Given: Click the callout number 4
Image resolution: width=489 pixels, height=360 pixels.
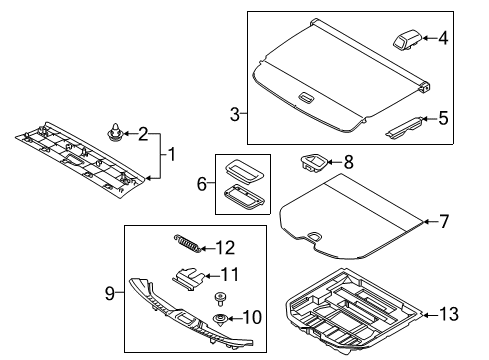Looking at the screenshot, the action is point(443,38).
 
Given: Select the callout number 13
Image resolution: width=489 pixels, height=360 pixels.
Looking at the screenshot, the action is point(449,314).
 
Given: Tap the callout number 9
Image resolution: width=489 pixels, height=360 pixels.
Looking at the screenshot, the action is point(110,293).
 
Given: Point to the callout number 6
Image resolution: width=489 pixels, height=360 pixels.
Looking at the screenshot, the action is point(202,184).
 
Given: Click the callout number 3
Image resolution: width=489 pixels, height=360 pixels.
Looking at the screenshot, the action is point(235,114).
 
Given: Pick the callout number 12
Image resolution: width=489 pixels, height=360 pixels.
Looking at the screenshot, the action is point(226,248).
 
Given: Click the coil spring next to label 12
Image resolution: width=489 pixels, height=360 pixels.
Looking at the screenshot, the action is point(187,243).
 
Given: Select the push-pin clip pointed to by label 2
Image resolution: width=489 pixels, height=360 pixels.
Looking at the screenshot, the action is point(114,133).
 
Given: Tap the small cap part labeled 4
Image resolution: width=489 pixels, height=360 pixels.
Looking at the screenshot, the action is point(407,39).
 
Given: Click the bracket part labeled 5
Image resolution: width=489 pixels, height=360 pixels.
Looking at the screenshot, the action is point(404,127).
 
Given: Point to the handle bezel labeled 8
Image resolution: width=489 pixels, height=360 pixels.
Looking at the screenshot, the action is point(314,163).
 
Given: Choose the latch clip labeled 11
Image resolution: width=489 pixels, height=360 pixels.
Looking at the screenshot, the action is point(188,278).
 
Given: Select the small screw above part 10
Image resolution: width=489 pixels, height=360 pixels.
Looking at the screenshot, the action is point(219,298).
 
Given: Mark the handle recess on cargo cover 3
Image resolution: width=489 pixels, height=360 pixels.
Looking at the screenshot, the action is point(306,97).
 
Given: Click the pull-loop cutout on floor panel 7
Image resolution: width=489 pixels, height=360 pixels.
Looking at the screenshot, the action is point(314,236).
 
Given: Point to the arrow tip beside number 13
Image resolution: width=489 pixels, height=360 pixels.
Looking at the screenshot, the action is point(423,314).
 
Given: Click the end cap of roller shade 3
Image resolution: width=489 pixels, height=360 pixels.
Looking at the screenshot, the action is point(424,87).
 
